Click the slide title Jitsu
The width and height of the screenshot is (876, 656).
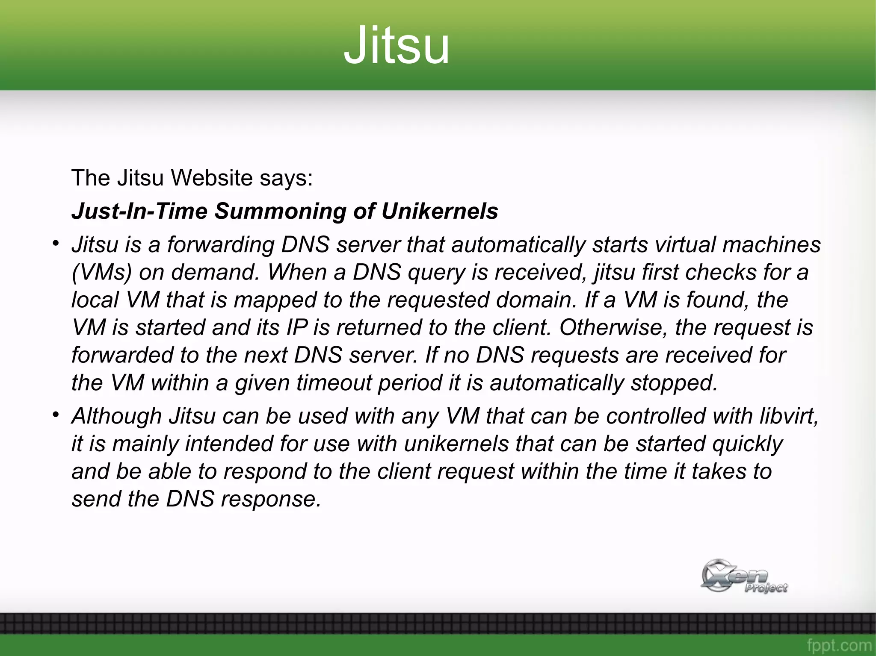397,45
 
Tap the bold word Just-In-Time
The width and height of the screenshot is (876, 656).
139,211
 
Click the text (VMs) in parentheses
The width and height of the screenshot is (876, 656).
101,272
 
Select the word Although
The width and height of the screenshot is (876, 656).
116,416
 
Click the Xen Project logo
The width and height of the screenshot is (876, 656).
743,576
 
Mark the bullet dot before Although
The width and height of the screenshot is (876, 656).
55,415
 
